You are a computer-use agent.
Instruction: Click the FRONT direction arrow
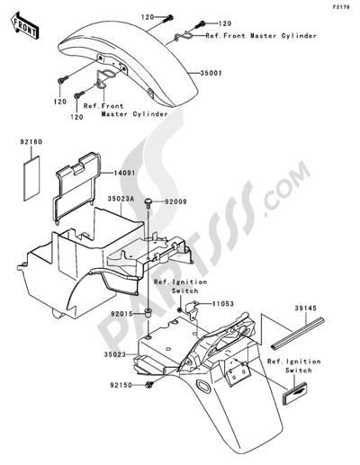tap(24, 25)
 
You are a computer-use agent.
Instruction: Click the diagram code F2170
tap(341, 7)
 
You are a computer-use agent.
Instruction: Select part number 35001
tap(211, 73)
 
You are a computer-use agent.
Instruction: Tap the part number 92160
tap(31, 142)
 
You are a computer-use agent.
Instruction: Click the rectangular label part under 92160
tap(31, 178)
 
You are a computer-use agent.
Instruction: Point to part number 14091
tap(124, 173)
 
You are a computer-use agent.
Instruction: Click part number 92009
tap(175, 201)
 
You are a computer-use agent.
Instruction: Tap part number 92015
tap(121, 314)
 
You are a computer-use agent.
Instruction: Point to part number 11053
tap(223, 304)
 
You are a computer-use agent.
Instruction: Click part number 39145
tap(305, 308)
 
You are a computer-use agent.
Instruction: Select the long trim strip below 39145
tap(298, 334)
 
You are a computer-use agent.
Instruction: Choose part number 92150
tap(121, 385)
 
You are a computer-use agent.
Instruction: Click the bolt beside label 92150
tap(149, 384)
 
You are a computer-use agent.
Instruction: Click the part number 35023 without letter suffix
tap(115, 354)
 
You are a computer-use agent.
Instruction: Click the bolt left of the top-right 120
tap(200, 24)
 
